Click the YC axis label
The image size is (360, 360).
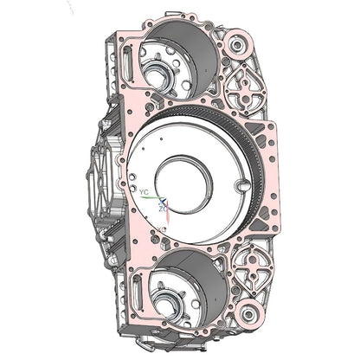point(145,192)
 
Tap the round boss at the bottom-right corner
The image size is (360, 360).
point(248,312)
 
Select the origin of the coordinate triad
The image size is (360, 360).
point(163,199)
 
